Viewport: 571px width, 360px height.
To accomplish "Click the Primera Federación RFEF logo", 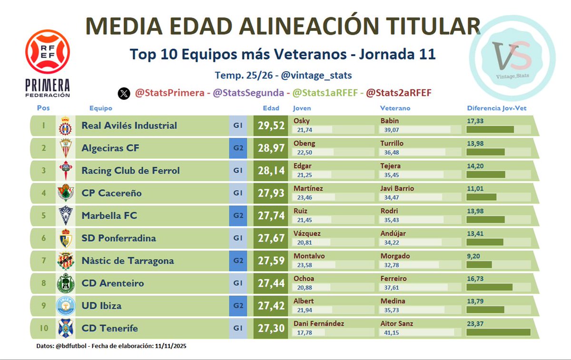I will coord(48,63).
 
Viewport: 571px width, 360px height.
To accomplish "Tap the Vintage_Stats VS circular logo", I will coord(512,58).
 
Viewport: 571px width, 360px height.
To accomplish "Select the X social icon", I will coord(124,94).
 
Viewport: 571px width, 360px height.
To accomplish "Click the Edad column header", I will coord(271,108).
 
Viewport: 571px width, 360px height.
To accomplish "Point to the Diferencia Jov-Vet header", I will coord(496,108).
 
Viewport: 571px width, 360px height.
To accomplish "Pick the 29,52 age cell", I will coord(271,126).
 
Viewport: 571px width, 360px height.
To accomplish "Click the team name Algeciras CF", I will coord(110,148).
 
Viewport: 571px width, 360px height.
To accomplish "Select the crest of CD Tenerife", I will coord(65,328).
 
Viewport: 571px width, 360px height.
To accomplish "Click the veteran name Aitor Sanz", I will coord(397,323).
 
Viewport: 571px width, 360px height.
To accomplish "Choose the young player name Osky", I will coord(301,121).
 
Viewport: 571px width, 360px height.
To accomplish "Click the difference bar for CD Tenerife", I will coord(498,332).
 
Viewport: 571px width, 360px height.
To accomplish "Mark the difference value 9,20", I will coord(473,256).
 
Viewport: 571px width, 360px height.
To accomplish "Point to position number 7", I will coord(44,261).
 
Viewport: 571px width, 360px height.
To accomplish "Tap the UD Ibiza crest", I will coord(65,306).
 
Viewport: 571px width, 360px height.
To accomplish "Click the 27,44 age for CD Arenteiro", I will coord(271,283).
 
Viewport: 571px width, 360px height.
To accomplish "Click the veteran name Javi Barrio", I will coord(397,188).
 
